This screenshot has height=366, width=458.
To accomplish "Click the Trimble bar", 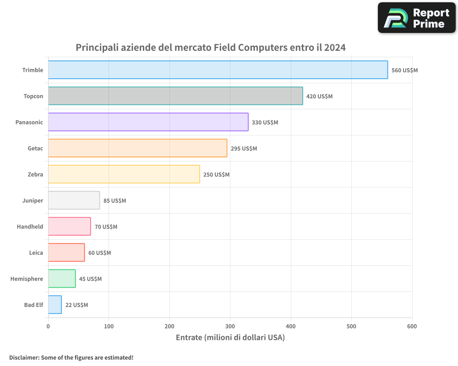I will click(x=218, y=70).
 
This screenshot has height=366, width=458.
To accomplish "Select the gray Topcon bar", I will click(x=175, y=96).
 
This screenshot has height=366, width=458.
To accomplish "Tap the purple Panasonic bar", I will click(x=148, y=122).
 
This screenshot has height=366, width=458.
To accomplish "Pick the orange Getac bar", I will click(x=137, y=148).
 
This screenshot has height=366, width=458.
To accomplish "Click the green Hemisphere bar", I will click(x=62, y=279).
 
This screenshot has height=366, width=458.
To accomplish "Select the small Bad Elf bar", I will click(x=55, y=305).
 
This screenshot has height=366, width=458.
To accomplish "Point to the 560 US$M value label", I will click(x=404, y=70).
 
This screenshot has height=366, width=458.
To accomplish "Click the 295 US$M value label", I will click(x=244, y=149).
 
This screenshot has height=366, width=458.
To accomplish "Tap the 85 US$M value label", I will click(x=114, y=201).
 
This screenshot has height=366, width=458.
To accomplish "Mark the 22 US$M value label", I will click(x=76, y=305).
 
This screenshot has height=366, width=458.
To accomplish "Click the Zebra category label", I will click(x=35, y=174).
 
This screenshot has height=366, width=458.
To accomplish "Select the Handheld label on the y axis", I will click(x=30, y=226).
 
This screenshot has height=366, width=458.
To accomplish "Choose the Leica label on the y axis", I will click(x=36, y=253).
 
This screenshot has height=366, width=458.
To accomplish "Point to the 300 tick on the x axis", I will click(x=230, y=326).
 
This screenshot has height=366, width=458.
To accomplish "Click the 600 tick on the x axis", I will click(x=412, y=326).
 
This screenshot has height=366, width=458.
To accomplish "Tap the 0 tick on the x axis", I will click(x=48, y=326).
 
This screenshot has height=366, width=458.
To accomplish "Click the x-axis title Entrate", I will click(x=191, y=338).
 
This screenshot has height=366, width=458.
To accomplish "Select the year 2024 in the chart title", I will click(x=335, y=48).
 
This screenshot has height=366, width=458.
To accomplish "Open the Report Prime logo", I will click(x=416, y=18).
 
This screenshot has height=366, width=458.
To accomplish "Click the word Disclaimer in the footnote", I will click(x=24, y=358).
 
